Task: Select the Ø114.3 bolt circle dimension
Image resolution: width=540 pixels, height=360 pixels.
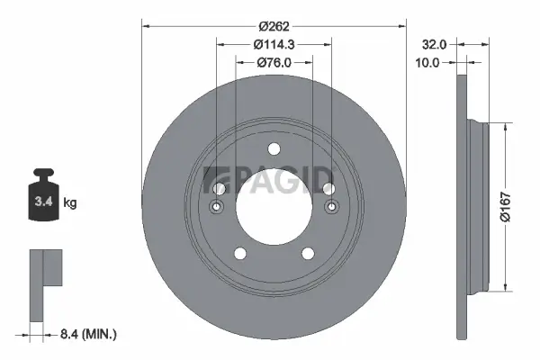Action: pos(274,44)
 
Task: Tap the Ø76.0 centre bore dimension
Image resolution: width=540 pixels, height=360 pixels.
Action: pos(274,62)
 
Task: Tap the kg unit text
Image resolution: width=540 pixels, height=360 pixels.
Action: pos(70,203)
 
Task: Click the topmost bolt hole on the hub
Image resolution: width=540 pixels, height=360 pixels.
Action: pos(274,149)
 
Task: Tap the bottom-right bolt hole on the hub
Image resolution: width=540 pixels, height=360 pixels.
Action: pos(307,254)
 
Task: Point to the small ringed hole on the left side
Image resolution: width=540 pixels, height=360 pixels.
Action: pos(217,209)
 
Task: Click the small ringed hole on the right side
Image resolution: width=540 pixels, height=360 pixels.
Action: pos(332,209)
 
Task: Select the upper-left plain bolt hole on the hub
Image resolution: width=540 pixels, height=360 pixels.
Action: pos(220,188)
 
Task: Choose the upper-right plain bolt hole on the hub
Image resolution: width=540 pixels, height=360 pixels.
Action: pos(329,188)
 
